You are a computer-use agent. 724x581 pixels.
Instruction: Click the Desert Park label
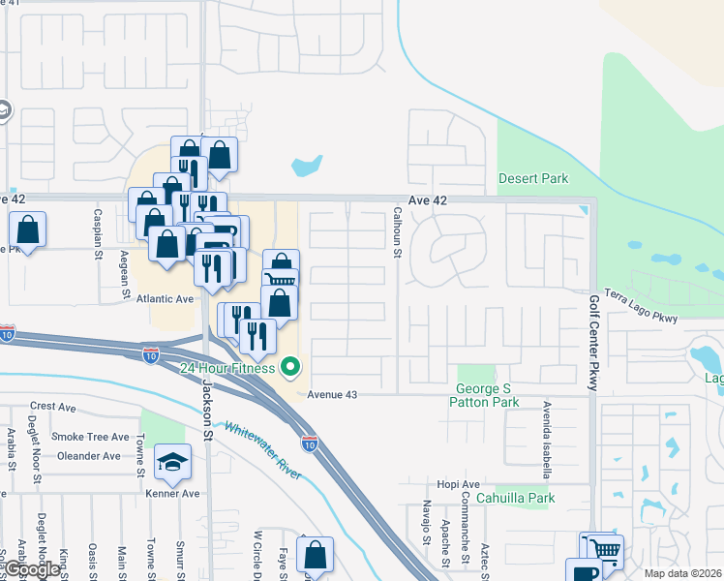[x=532, y=178]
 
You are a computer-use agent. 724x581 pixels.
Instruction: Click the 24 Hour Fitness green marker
[x=289, y=367]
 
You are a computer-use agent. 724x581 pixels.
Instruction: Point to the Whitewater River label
[x=262, y=450]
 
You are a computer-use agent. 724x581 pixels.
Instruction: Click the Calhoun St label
[x=397, y=232]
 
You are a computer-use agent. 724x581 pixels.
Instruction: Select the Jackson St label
[x=206, y=407]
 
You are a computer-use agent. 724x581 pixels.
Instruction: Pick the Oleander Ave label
[x=87, y=456]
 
